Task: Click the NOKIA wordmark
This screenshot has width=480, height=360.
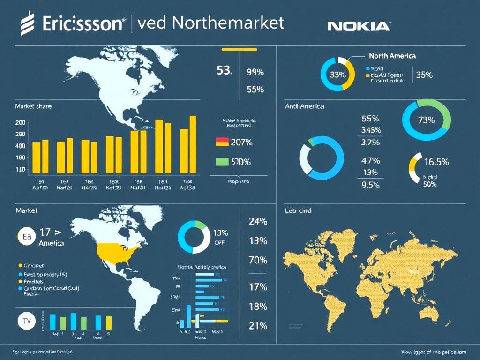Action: [x=359, y=26]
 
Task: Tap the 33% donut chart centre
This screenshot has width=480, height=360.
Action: [x=337, y=75]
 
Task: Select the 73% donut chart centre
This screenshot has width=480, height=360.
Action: [x=426, y=120]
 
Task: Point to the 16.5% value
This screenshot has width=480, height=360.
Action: [x=436, y=162]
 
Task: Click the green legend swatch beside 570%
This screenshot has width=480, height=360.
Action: [x=222, y=162]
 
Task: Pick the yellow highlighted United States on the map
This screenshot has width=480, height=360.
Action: [x=118, y=253]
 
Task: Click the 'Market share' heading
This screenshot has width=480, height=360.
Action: [x=33, y=106]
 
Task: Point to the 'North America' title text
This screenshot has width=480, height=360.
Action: [x=392, y=56]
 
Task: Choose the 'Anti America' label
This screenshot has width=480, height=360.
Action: [x=304, y=106]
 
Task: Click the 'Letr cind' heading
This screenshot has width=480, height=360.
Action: [x=298, y=211]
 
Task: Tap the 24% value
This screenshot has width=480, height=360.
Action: [x=257, y=221]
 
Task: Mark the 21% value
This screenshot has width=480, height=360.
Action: [x=257, y=326]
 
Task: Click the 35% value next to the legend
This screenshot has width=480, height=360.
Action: [x=424, y=75]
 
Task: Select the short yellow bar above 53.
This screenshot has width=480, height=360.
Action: [x=239, y=49]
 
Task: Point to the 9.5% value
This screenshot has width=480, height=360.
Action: [x=370, y=185]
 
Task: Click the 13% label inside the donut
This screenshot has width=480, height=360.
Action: [x=220, y=233]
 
